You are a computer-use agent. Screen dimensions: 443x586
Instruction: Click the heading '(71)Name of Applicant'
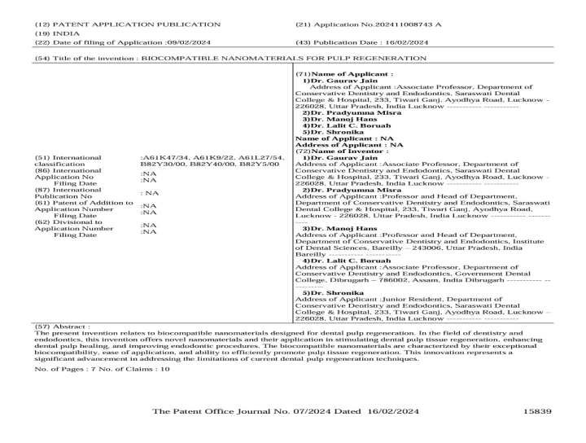point(333,74)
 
